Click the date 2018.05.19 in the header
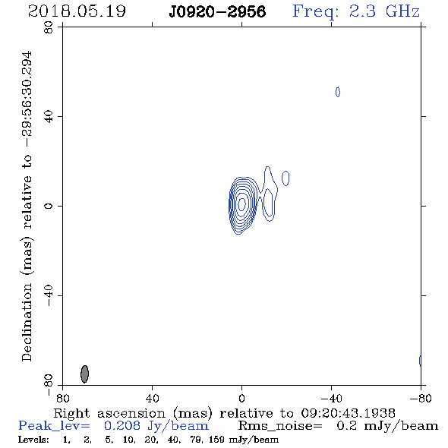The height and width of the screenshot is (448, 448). coord(77,11)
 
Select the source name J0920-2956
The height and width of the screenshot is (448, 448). coord(217,12)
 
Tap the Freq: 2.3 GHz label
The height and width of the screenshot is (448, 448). coord(356,11)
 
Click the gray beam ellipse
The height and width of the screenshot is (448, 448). coord(84,374)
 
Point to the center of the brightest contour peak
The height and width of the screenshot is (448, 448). coord(241,204)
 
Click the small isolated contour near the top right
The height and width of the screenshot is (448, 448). coord(338,92)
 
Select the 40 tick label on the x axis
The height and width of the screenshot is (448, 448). coord(152,398)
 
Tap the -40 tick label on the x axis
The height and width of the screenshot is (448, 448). coord(331,398)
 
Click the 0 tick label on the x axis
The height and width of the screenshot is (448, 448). coord(241,398)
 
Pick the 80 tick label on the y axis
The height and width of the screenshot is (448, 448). coord(49,27)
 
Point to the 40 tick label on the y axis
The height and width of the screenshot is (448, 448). coord(49,117)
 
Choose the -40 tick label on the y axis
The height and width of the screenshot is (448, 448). coord(49,295)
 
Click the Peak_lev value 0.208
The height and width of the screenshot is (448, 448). coord(122,426)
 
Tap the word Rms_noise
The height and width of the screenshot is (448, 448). coord(280,426)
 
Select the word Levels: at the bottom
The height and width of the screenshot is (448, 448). coord(33,440)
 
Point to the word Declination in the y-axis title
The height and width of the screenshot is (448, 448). coord(27,322)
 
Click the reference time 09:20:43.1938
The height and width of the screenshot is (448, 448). coord(348,413)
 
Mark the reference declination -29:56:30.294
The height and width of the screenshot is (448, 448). coord(27,99)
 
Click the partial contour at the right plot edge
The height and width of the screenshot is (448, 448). coord(420,361)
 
